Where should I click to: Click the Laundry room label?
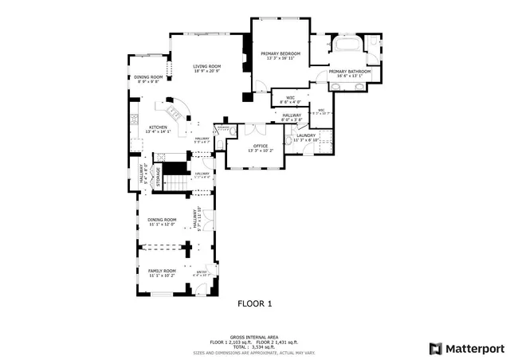[307, 137]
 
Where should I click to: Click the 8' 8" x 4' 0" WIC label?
[290, 100]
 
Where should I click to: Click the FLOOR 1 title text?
[255, 303]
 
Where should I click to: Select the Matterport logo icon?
[434, 348]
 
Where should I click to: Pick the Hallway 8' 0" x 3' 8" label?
[292, 118]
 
